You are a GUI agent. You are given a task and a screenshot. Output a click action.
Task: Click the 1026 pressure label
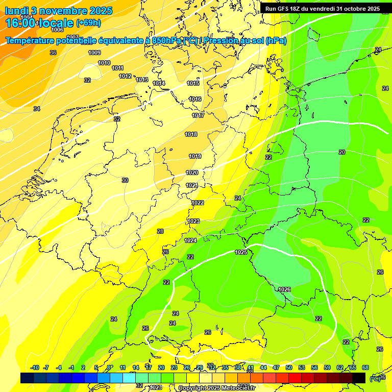(284, 289)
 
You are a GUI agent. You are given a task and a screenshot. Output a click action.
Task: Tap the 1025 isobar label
(241, 252)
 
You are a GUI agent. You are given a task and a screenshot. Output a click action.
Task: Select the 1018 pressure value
(191, 134)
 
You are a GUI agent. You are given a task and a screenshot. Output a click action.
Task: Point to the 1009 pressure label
(94, 53)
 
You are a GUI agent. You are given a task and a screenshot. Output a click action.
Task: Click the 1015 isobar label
(193, 83)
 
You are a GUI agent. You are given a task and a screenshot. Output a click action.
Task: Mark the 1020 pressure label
(192, 173)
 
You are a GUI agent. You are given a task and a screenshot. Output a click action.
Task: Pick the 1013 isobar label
(142, 80)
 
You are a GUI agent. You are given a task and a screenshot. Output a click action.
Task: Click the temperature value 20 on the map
(341, 152)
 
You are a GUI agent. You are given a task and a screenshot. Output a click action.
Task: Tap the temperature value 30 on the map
(125, 180)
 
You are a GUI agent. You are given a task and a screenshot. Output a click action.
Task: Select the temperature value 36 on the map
(53, 53)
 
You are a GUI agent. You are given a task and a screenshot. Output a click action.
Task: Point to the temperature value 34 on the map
(37, 109)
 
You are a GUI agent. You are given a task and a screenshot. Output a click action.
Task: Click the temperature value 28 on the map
(160, 231)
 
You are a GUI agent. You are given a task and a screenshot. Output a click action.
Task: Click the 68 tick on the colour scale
(365, 367)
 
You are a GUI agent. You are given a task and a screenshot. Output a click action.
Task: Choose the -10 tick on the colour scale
(35, 367)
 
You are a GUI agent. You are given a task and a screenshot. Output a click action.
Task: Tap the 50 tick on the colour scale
(289, 367)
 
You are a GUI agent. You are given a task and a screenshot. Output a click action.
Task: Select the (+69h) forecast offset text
(88, 23)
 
